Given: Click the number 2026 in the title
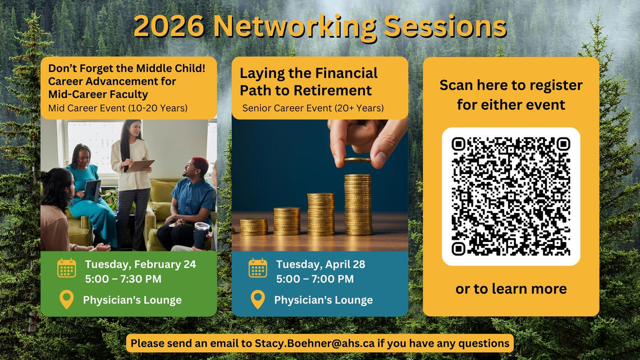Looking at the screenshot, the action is (168, 26).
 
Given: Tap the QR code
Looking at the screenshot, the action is (511, 197).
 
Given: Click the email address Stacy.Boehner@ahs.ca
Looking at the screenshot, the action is (314, 343).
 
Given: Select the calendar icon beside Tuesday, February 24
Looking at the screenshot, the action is (67, 268).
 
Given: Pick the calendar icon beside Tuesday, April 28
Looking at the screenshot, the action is (258, 268).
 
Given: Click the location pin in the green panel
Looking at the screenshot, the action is (67, 299).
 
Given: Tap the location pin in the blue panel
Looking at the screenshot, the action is (258, 299).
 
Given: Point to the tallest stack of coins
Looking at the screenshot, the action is (358, 204).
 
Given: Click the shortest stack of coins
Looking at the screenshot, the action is (253, 226).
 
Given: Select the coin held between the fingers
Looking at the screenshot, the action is (357, 160).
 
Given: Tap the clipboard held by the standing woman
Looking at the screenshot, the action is (141, 165).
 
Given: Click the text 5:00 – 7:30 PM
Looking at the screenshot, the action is (124, 279).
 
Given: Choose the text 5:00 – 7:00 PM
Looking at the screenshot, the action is (315, 279).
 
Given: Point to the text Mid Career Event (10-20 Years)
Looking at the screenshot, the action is (118, 108).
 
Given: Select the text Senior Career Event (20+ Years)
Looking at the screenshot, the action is (313, 108).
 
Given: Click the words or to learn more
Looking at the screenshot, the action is (511, 289).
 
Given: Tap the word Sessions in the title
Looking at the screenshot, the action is (445, 26).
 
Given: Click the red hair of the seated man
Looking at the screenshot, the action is (200, 162).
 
